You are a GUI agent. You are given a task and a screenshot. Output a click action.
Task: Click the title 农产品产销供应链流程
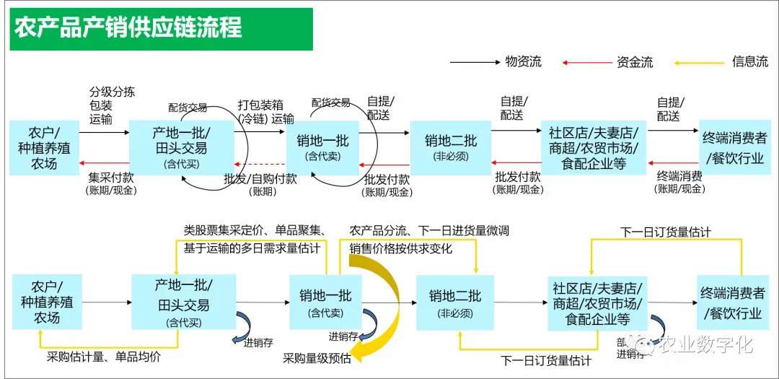[128, 27]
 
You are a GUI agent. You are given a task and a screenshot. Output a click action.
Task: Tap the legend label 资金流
[635, 62]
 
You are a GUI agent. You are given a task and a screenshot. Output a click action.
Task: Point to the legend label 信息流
[750, 61]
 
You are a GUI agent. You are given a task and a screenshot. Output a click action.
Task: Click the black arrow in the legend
[475, 62]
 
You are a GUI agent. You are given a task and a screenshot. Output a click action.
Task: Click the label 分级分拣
[112, 92]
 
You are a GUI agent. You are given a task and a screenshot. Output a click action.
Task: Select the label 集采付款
[111, 177]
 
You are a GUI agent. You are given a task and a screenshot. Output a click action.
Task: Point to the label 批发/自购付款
[260, 178]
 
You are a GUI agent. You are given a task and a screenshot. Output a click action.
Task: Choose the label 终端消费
[679, 175]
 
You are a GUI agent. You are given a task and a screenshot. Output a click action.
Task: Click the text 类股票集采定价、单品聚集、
[254, 230]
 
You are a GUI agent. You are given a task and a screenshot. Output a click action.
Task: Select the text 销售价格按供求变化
[401, 248]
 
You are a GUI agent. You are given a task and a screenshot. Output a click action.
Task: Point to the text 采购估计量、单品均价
[104, 356]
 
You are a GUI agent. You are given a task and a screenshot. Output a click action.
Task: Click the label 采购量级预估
[317, 358]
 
